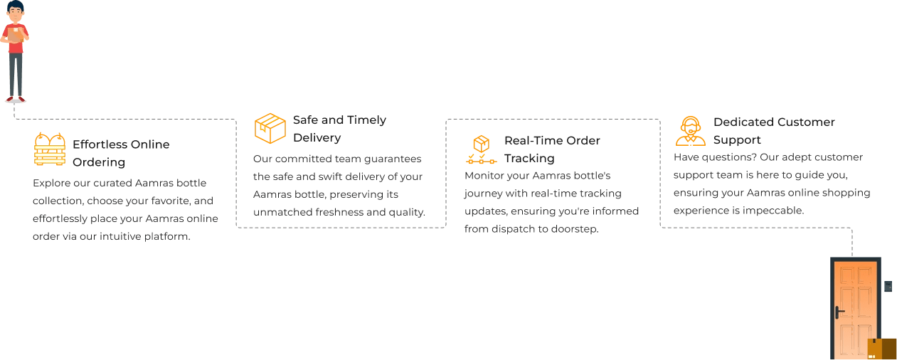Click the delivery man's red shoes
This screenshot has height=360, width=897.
(x=15, y=100)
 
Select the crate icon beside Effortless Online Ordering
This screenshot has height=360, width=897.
(x=49, y=149)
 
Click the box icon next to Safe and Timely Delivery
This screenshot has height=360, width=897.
(x=270, y=128)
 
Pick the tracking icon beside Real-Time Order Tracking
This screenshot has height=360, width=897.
(x=481, y=149)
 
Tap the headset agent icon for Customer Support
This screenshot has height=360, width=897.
(x=690, y=131)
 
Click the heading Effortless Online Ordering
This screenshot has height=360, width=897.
(x=120, y=153)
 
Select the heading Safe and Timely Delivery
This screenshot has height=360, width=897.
(x=339, y=129)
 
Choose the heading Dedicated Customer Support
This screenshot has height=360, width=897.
(x=773, y=131)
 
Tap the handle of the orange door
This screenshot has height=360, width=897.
(x=839, y=312)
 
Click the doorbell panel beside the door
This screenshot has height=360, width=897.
(x=887, y=286)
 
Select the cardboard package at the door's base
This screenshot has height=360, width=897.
(x=881, y=349)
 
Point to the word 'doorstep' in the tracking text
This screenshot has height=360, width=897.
(x=574, y=229)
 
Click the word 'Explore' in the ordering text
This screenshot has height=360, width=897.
(x=51, y=183)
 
